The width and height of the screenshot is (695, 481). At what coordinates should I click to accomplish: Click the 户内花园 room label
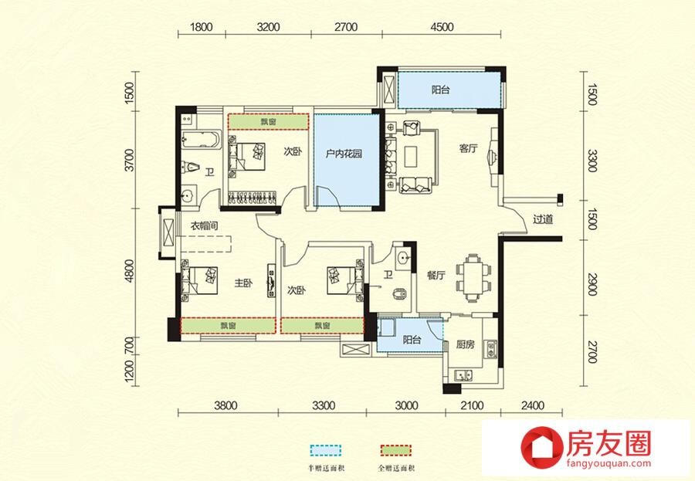point(344,154)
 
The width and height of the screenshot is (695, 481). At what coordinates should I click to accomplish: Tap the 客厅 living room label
point(468,148)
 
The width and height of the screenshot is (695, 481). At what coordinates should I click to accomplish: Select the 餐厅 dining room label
point(436,276)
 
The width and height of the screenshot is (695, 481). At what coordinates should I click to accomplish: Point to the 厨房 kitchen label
point(466,344)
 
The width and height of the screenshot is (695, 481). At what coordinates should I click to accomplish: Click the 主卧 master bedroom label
point(243,283)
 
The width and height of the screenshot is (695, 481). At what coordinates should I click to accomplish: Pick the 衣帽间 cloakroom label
point(205,225)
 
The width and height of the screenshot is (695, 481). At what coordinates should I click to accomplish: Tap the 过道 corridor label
point(543,219)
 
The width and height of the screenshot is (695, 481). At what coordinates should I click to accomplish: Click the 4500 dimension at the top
point(442,27)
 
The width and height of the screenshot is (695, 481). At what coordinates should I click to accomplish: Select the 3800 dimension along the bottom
point(225,405)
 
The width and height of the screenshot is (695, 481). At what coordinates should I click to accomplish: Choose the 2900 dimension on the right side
point(592,285)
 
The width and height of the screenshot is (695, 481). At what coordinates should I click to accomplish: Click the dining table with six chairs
point(474,278)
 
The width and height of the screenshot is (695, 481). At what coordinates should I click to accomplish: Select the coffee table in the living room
point(411,156)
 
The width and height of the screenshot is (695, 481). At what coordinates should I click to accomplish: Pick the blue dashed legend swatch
point(326,450)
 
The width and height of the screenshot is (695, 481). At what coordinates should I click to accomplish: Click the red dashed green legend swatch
point(396,450)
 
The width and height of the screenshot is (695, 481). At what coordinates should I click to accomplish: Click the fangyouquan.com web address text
point(609,464)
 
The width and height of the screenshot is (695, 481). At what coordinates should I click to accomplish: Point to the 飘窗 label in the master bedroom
point(229,326)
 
